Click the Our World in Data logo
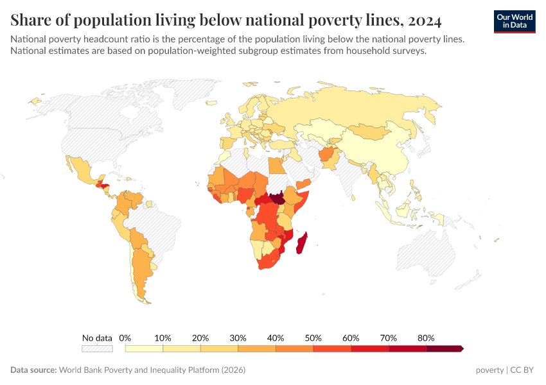(x=515, y=21)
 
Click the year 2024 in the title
(x=425, y=21)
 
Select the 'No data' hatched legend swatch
(x=97, y=348)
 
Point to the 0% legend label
(x=125, y=338)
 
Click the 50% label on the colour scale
(x=313, y=338)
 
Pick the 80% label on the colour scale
(x=426, y=338)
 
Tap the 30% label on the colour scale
(x=238, y=338)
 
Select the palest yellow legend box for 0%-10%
(x=144, y=348)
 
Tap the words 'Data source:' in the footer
(x=33, y=370)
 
